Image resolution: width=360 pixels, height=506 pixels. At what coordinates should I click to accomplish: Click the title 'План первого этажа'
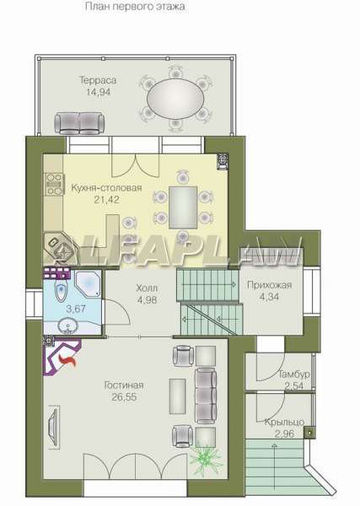click(135, 7)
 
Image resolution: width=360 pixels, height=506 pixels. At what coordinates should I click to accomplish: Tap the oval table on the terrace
click(175, 98)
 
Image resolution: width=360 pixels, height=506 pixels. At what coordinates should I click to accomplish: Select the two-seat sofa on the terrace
click(79, 122)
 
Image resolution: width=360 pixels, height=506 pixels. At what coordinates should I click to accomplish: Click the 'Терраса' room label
click(98, 80)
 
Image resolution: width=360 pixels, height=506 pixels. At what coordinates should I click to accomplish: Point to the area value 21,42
click(106, 199)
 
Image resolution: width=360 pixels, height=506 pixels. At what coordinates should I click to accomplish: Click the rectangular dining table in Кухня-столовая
click(183, 207)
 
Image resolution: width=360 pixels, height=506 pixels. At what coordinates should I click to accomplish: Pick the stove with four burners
click(54, 184)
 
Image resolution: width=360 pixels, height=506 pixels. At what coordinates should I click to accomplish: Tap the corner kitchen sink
click(60, 247)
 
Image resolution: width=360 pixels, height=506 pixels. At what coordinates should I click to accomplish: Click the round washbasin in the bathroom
click(67, 325)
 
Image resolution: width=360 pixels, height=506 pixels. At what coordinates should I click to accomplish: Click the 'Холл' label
click(147, 288)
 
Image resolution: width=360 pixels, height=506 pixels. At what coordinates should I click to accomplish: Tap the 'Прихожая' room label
click(269, 285)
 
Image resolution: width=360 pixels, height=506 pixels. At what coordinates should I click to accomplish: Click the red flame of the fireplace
click(67, 360)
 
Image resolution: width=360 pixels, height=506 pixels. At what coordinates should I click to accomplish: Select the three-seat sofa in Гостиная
click(206, 396)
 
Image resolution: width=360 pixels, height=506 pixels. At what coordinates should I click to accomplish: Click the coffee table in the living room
click(177, 396)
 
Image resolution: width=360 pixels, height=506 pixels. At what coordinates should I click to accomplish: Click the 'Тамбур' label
click(294, 374)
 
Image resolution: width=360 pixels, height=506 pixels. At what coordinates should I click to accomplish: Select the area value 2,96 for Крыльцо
click(284, 433)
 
